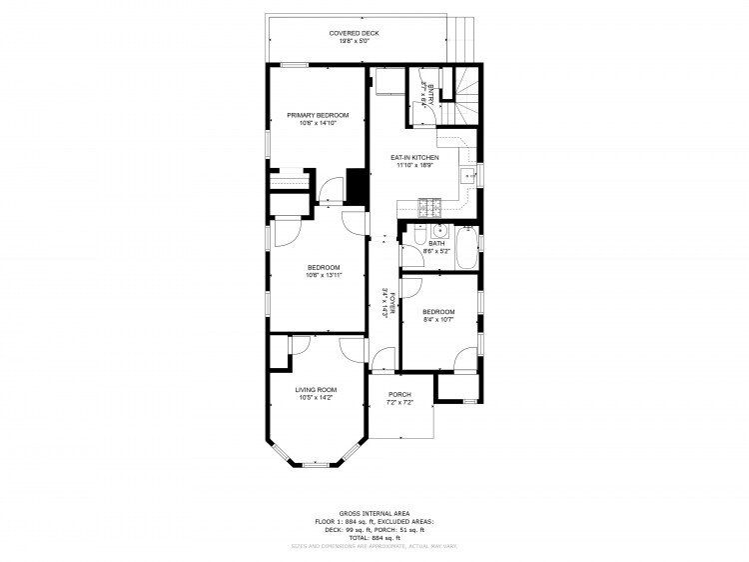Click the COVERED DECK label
[x=355, y=33]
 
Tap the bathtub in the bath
[x=466, y=250]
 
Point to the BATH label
[x=436, y=243]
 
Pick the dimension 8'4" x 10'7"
[x=437, y=320]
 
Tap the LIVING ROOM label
[x=315, y=389]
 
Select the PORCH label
[x=399, y=394]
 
